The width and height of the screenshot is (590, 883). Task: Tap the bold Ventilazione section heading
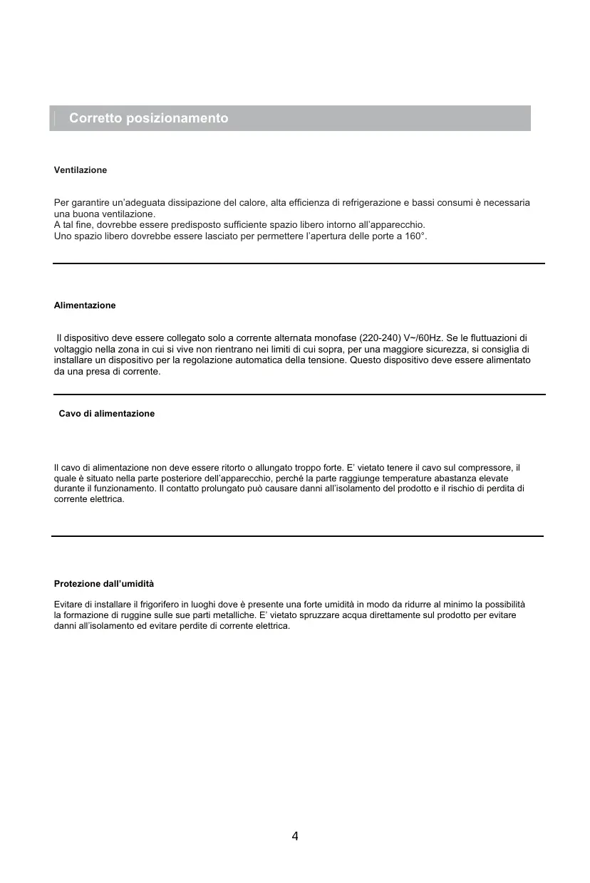coord(81,170)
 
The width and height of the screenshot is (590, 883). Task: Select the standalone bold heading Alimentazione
coord(85,305)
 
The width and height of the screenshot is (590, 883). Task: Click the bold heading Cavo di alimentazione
coord(106,414)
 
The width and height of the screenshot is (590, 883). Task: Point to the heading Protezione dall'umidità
coord(104,584)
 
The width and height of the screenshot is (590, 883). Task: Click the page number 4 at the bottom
coord(295,836)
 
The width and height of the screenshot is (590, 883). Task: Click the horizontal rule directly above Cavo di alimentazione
coord(299,395)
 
